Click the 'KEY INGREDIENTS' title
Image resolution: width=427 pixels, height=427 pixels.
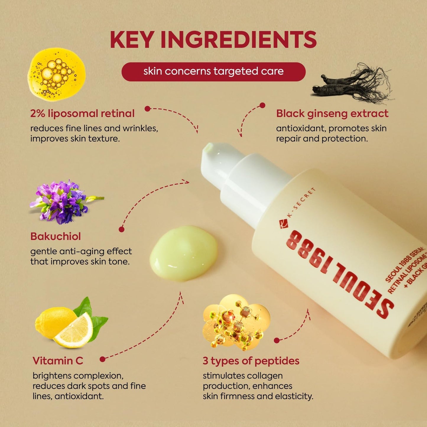213,40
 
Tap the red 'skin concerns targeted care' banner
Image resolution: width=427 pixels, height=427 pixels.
213,72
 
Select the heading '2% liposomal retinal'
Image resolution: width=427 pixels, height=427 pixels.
82,113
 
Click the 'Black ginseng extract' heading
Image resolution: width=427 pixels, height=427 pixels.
332,113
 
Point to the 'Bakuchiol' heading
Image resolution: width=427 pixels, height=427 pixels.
56,236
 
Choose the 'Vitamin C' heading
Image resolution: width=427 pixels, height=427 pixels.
58,361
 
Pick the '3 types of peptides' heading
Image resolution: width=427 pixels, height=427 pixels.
251,361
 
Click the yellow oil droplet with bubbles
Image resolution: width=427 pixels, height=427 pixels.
56,74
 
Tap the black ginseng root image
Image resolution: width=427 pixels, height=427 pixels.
352,84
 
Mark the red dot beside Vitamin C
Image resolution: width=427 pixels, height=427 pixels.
103,359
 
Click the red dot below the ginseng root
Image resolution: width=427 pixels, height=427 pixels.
262,105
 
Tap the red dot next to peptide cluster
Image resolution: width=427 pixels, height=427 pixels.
277,340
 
